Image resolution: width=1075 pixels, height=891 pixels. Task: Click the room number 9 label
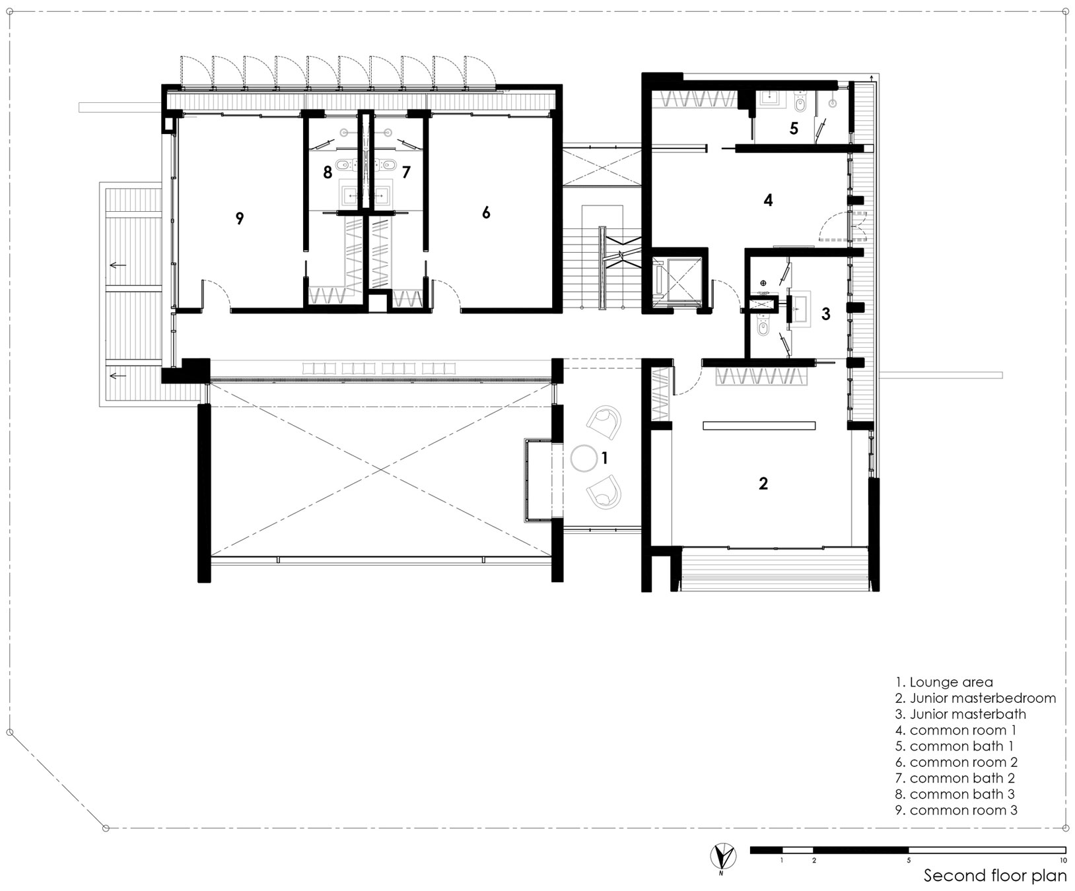[240, 218]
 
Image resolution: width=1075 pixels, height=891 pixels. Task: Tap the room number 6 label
[486, 213]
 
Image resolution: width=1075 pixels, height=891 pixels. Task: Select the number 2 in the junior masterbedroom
[763, 483]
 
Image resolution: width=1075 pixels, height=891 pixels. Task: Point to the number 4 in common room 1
[768, 199]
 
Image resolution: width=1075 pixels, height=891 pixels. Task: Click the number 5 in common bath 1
[794, 128]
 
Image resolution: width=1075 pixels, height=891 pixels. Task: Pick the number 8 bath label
[328, 173]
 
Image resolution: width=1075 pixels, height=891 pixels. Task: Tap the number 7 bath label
[406, 173]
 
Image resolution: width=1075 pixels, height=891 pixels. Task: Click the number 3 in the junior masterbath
[825, 314]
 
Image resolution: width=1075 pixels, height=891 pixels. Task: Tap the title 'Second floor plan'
[994, 876]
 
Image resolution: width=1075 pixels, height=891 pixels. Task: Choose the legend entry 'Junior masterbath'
[961, 714]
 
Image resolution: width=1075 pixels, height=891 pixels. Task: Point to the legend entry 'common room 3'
[957, 810]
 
